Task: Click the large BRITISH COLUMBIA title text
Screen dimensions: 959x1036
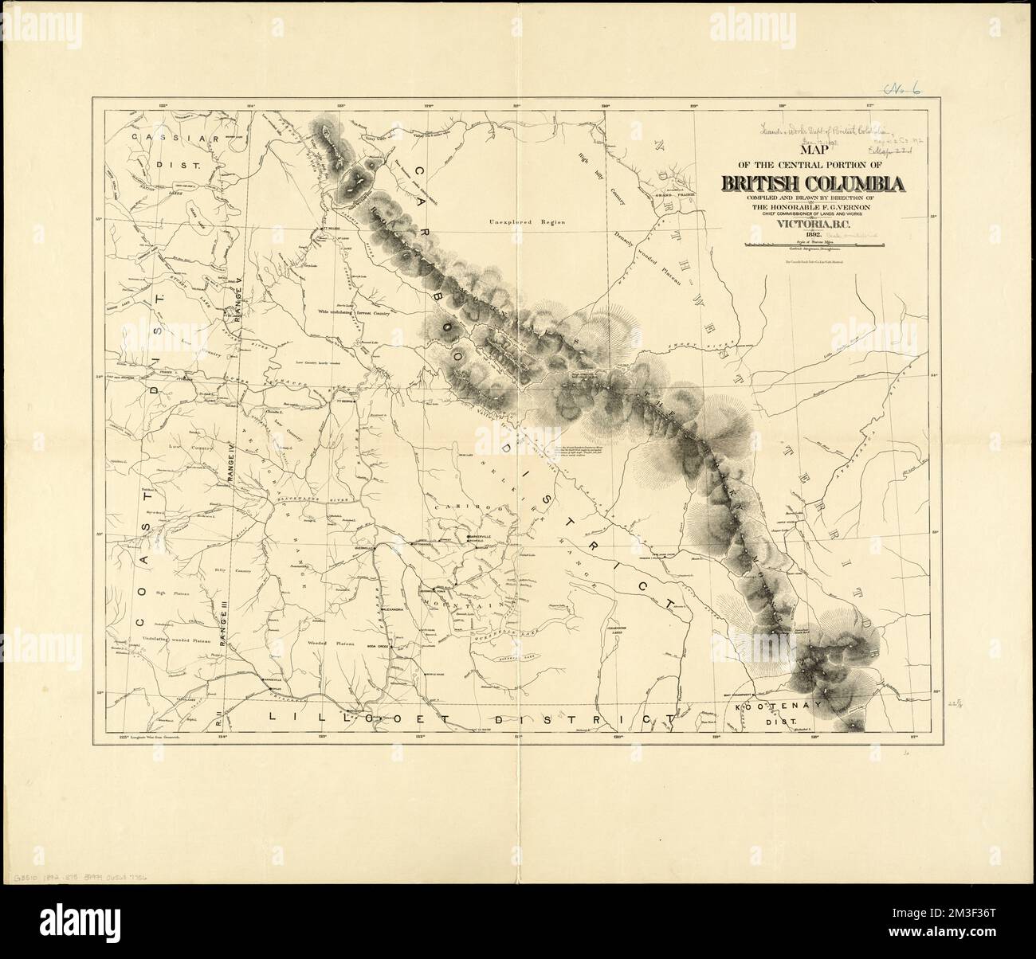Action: tap(813, 183)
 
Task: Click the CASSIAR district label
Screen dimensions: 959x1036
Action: tap(164, 137)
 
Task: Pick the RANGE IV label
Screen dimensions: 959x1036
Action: tap(227, 464)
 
